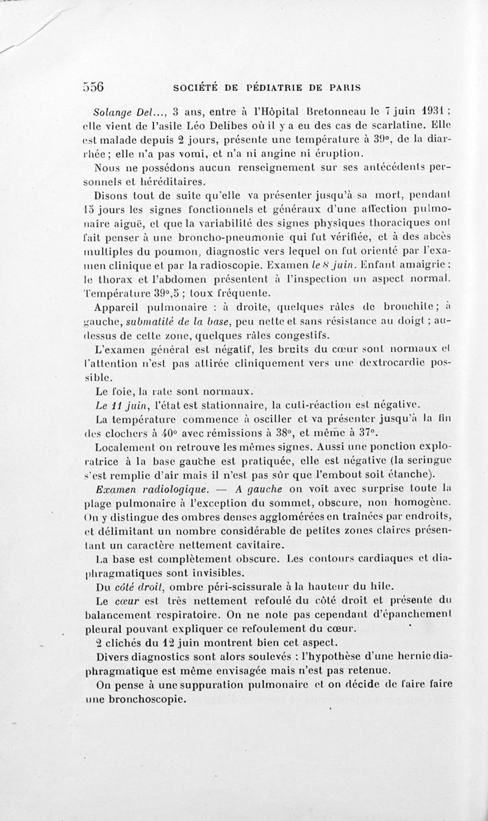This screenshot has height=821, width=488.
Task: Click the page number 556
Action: click(94, 87)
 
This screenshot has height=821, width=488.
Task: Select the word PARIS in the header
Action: click(343, 87)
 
